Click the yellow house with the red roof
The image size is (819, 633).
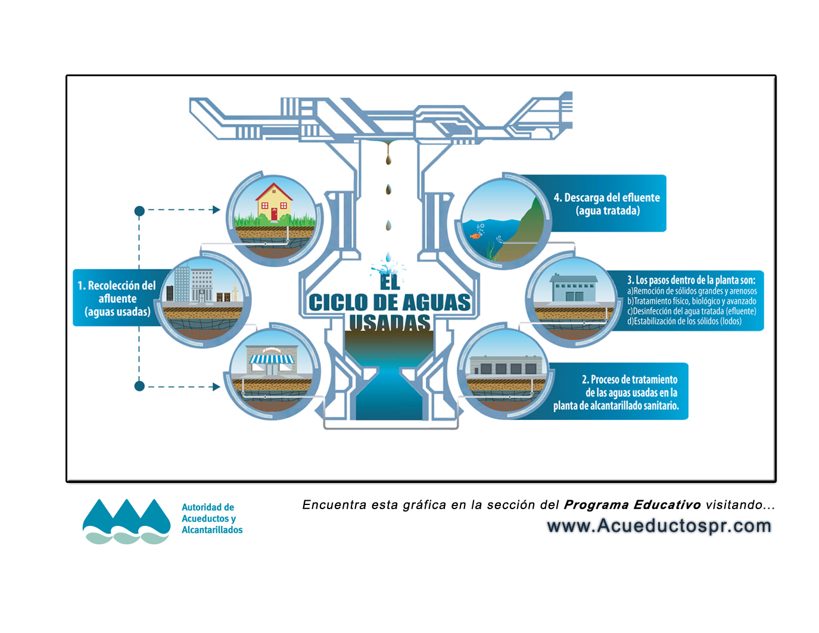274,202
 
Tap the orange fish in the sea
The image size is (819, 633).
475,236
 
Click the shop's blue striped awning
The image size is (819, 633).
272,359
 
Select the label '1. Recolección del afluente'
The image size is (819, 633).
117,292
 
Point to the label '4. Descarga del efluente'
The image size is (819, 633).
606,198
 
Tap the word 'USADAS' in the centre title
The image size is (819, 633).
390,323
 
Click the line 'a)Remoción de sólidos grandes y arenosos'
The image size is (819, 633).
692,291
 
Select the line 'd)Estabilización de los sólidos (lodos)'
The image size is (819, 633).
684,322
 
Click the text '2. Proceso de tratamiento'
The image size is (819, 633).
629,379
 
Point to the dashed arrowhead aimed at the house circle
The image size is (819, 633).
216,210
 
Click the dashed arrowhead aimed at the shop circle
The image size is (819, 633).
216,386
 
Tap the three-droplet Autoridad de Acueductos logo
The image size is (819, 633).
126,521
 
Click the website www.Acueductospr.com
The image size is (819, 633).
659,526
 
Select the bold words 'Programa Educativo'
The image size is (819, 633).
632,505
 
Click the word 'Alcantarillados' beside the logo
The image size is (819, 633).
212,530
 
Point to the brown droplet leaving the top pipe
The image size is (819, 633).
388,160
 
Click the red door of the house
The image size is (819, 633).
274,214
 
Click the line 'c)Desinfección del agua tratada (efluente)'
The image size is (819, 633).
691,311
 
